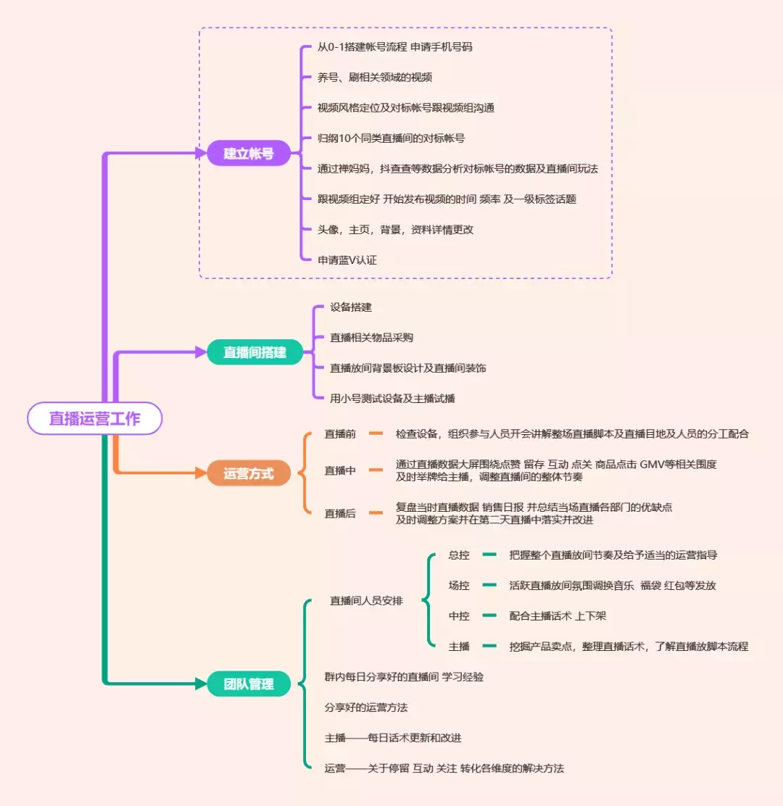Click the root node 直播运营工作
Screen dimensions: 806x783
click(94, 418)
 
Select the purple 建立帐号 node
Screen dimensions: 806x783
click(249, 153)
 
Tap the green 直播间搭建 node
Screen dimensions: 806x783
click(254, 352)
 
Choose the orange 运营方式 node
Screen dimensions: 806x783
click(249, 474)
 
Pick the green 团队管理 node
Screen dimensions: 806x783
click(249, 684)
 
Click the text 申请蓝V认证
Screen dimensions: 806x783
click(347, 259)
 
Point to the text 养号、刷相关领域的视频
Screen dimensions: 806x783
click(375, 77)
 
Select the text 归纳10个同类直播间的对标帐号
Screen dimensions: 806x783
click(391, 138)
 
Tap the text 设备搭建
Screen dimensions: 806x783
click(351, 307)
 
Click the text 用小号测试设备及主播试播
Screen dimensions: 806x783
click(392, 398)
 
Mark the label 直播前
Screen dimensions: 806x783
click(340, 434)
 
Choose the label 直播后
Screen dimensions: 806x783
click(340, 513)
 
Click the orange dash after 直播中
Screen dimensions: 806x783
click(375, 470)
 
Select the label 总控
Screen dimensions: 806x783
click(459, 555)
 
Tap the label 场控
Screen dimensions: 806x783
click(459, 586)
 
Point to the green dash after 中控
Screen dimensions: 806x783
click(489, 616)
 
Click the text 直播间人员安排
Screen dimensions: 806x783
click(366, 601)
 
